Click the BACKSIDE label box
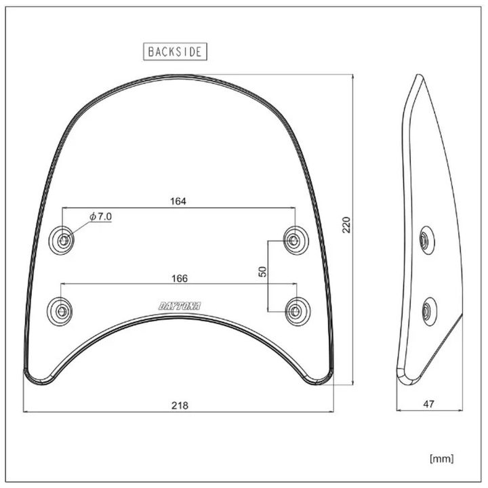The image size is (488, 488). click(175, 52)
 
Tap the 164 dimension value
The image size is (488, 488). click(178, 201)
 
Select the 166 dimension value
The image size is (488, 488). click(180, 279)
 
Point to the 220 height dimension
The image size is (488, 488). click(346, 225)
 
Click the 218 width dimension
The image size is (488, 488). click(180, 405)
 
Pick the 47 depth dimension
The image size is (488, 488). click(428, 404)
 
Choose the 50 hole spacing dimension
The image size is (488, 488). click(263, 271)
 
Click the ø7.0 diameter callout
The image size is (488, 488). click(100, 216)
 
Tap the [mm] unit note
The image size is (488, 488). click(442, 458)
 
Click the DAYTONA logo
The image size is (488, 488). click(180, 306)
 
